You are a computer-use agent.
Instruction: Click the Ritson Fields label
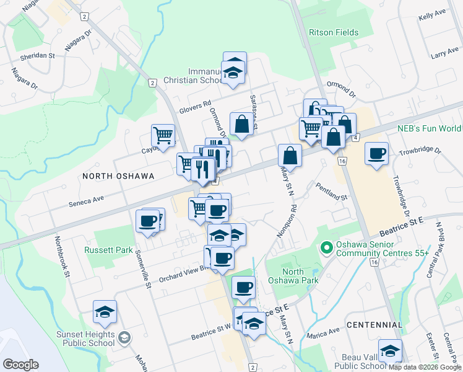(x=334, y=32)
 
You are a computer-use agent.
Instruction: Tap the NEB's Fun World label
(x=429, y=128)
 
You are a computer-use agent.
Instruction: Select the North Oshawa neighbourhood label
(x=118, y=176)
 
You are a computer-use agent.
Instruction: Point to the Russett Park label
(x=109, y=250)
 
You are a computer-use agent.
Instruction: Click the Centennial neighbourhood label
(x=375, y=325)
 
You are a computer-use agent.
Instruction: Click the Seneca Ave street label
(x=86, y=200)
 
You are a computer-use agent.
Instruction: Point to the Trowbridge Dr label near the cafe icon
(x=419, y=151)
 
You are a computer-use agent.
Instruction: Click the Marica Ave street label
(x=326, y=331)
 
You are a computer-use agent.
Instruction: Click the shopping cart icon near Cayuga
(x=163, y=135)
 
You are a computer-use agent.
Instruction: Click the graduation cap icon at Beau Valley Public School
(x=390, y=350)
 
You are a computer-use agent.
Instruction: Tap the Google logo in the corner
(x=20, y=365)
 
